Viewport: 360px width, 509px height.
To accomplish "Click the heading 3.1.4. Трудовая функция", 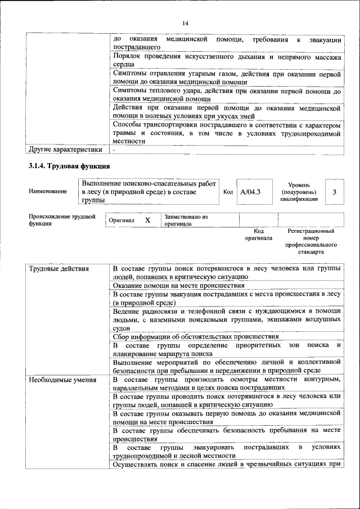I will (69, 166).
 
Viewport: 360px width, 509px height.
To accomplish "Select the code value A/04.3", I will (250, 192).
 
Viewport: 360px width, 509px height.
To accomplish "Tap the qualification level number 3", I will (334, 192).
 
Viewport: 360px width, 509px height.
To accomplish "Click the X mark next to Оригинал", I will (148, 220).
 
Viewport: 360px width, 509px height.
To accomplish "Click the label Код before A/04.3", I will (228, 192).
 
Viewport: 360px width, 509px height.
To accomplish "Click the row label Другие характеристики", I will (65, 150).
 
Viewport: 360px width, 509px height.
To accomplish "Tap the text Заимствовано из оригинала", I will (186, 220).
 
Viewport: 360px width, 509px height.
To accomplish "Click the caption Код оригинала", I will (259, 235).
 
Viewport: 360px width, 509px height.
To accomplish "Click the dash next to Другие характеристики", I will (114, 150).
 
